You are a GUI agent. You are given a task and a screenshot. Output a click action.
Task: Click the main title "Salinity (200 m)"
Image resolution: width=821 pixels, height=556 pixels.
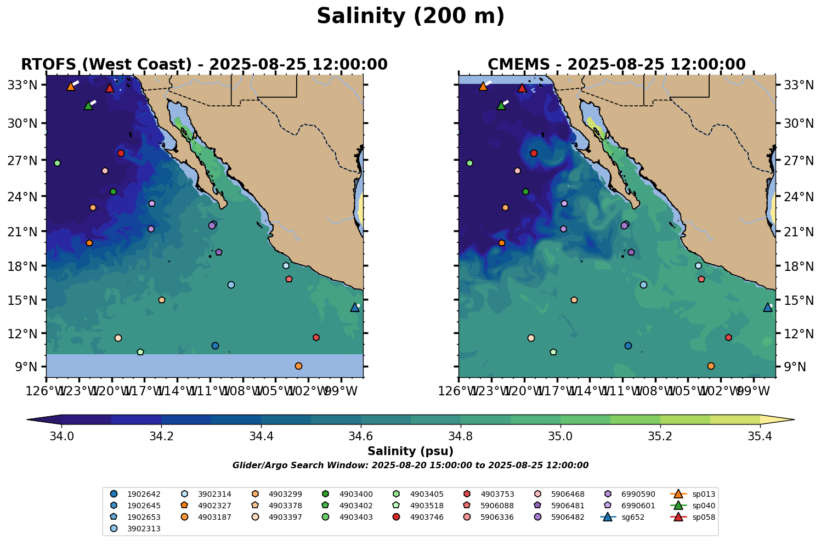tap(410, 16)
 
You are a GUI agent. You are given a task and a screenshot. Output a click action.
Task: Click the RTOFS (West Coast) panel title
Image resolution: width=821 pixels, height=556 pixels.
tap(204, 65)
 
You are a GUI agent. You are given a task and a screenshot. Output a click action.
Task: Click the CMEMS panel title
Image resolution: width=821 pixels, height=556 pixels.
tap(616, 65)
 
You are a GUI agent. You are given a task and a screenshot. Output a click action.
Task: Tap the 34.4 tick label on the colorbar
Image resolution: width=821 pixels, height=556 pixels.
tap(261, 436)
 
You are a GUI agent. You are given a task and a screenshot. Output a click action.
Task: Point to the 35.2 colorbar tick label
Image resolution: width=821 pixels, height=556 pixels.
tap(660, 436)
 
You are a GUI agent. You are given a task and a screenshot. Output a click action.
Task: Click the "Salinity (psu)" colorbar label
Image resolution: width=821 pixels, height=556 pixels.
tap(410, 451)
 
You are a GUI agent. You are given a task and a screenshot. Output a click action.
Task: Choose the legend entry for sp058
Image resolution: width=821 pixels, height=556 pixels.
tap(704, 517)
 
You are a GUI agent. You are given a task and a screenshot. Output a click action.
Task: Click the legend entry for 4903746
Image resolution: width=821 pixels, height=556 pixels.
tap(426, 517)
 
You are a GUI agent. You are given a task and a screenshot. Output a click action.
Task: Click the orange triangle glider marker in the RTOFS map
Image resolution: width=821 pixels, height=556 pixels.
tap(71, 86)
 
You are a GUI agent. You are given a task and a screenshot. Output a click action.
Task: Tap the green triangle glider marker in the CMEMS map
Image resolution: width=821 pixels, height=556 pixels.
tap(501, 105)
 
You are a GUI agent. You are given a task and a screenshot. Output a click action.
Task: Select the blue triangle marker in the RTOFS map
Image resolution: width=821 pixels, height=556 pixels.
tap(355, 307)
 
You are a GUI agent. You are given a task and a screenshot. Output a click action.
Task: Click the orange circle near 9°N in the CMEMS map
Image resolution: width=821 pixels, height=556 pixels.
tap(711, 366)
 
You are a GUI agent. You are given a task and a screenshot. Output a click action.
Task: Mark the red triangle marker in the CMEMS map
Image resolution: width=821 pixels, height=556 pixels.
tap(522, 88)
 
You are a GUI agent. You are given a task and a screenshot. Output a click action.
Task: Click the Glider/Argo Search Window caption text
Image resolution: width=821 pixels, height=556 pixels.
tap(410, 466)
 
